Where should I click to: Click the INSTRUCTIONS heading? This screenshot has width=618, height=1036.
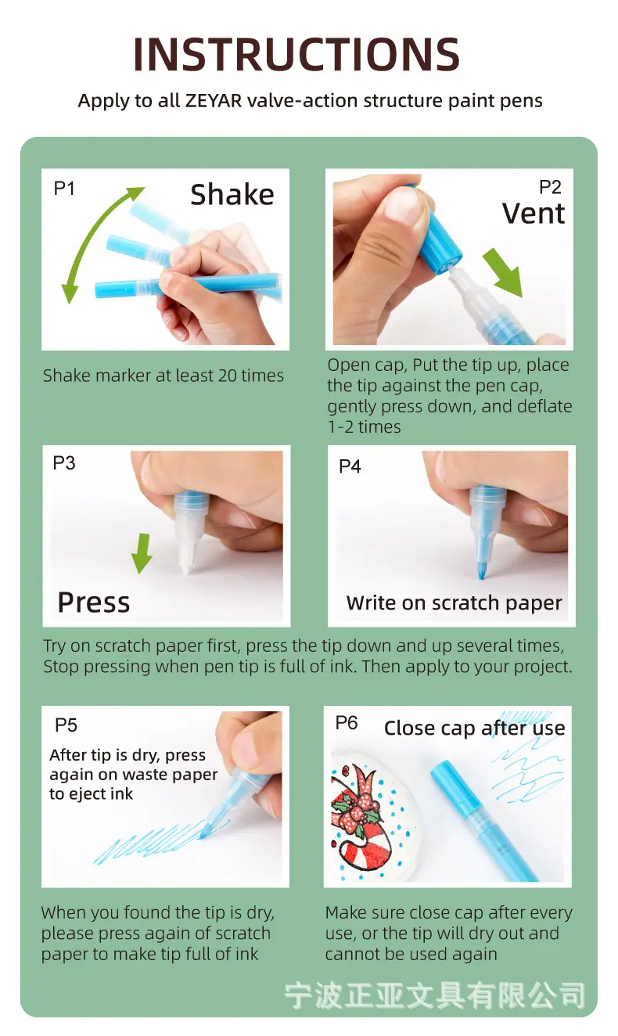[296, 54]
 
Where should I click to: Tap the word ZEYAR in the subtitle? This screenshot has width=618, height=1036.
[214, 100]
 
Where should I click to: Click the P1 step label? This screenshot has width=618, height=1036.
[64, 189]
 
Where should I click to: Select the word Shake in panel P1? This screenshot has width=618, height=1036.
[232, 194]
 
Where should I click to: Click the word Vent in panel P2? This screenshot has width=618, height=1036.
[534, 214]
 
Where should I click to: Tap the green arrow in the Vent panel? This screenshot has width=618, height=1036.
[503, 272]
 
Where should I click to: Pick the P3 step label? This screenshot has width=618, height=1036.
[64, 463]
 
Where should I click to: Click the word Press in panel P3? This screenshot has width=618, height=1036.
[94, 603]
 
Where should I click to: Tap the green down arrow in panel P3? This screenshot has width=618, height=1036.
[142, 553]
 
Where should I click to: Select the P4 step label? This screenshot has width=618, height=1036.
[350, 466]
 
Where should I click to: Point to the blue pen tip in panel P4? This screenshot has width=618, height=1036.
[481, 570]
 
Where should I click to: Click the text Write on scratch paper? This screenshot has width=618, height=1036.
[455, 603]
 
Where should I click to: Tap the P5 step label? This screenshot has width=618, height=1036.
[66, 725]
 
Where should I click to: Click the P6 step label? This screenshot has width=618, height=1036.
[347, 722]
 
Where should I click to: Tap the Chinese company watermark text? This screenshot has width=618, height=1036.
[435, 995]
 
